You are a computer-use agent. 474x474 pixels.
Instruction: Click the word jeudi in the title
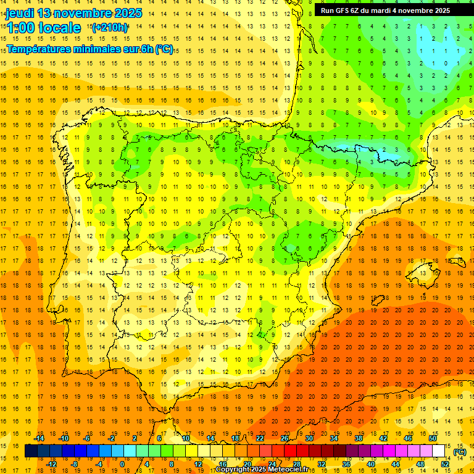tap(20, 13)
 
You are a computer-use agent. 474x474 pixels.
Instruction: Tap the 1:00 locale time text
tap(43, 28)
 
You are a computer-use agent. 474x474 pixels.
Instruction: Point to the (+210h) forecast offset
tap(109, 28)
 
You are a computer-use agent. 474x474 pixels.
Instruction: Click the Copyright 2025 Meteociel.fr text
tap(262, 470)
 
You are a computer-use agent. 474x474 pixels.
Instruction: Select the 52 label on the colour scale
tap(445, 464)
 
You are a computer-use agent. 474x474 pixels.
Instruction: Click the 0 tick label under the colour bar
tap(122, 464)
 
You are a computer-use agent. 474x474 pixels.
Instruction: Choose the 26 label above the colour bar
tap(285, 438)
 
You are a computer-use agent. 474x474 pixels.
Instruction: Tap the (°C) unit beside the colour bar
tap(460, 452)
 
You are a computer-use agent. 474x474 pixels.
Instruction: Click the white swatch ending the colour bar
tap(438, 451)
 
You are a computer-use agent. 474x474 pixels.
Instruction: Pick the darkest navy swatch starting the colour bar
tap(31, 451)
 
